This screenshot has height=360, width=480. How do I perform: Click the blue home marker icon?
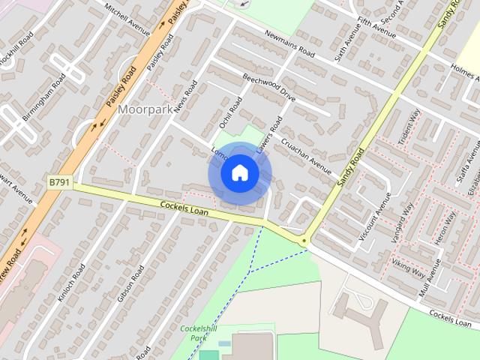(239, 173)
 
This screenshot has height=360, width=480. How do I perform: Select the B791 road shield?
(59, 182)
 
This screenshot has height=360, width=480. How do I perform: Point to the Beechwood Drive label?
(268, 87)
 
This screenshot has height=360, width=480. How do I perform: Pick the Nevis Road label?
(185, 97)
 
